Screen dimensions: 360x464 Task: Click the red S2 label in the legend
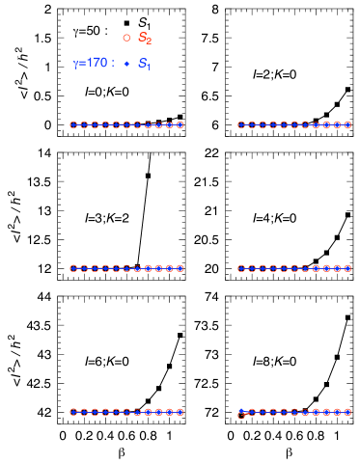145,39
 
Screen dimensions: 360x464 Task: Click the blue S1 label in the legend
144,64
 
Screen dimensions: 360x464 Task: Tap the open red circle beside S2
126,38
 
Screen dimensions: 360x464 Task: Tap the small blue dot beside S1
126,64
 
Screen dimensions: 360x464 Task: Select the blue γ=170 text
93,64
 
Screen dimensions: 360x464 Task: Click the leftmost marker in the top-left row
73,124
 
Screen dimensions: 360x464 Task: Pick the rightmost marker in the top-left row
180,124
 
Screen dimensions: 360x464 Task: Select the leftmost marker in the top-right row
241,124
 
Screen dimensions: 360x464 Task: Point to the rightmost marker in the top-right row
347,124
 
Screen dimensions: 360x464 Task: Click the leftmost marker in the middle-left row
73,268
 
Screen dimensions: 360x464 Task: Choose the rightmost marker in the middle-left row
180,268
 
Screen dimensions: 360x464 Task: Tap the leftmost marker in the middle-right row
241,268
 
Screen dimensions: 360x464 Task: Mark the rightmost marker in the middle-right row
347,268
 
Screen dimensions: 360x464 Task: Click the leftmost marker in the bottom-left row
73,412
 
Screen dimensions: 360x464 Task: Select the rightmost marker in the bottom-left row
180,412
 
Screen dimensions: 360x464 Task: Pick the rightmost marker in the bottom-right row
347,412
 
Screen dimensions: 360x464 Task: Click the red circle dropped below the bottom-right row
241,416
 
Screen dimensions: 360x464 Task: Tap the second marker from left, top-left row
84,124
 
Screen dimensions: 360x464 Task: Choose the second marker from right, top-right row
337,124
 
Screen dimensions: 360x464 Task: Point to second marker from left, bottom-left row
84,412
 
